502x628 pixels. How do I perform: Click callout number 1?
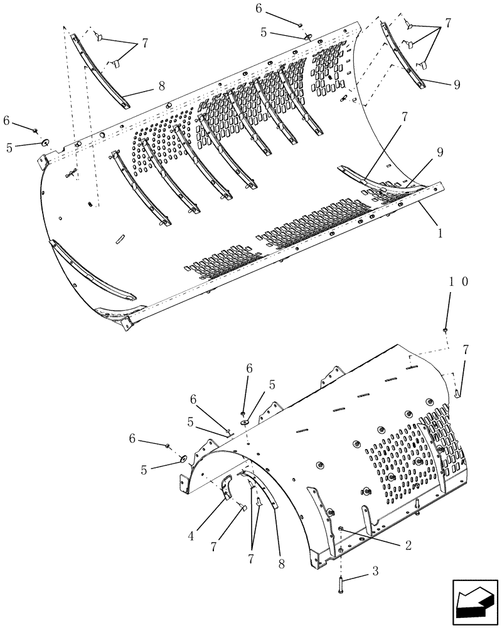(439, 232)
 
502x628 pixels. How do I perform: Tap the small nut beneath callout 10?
(445, 329)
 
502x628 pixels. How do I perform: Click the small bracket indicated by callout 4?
(227, 490)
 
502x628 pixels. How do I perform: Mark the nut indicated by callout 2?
(339, 531)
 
